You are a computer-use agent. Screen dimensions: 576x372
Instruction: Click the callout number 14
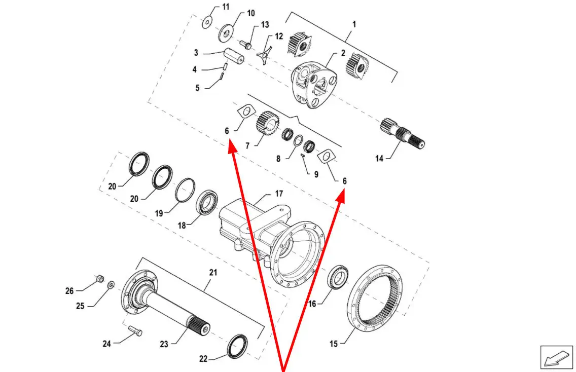pyautogui.click(x=379, y=158)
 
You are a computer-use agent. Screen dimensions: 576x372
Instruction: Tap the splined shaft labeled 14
pyautogui.click(x=402, y=133)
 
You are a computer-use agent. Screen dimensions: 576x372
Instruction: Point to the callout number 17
pyautogui.click(x=279, y=194)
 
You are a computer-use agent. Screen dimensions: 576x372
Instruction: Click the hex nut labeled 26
pyautogui.click(x=99, y=279)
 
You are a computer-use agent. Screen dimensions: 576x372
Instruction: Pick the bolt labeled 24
pyautogui.click(x=135, y=331)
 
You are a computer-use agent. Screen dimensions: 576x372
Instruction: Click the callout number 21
pyautogui.click(x=213, y=273)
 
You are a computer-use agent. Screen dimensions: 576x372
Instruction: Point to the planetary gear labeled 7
pyautogui.click(x=267, y=125)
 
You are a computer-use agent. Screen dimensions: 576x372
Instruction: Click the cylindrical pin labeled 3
pyautogui.click(x=234, y=57)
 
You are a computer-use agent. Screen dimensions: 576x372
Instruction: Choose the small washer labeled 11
pyautogui.click(x=207, y=22)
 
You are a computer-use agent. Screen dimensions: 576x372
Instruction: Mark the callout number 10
pyautogui.click(x=251, y=13)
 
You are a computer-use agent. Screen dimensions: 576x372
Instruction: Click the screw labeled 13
pyautogui.click(x=246, y=45)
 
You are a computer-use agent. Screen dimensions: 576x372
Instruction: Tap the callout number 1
pyautogui.click(x=354, y=24)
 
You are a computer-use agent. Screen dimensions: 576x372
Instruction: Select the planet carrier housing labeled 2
pyautogui.click(x=314, y=85)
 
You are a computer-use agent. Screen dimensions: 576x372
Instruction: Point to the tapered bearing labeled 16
pyautogui.click(x=338, y=277)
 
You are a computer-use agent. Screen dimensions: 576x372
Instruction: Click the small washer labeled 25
pyautogui.click(x=110, y=285)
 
